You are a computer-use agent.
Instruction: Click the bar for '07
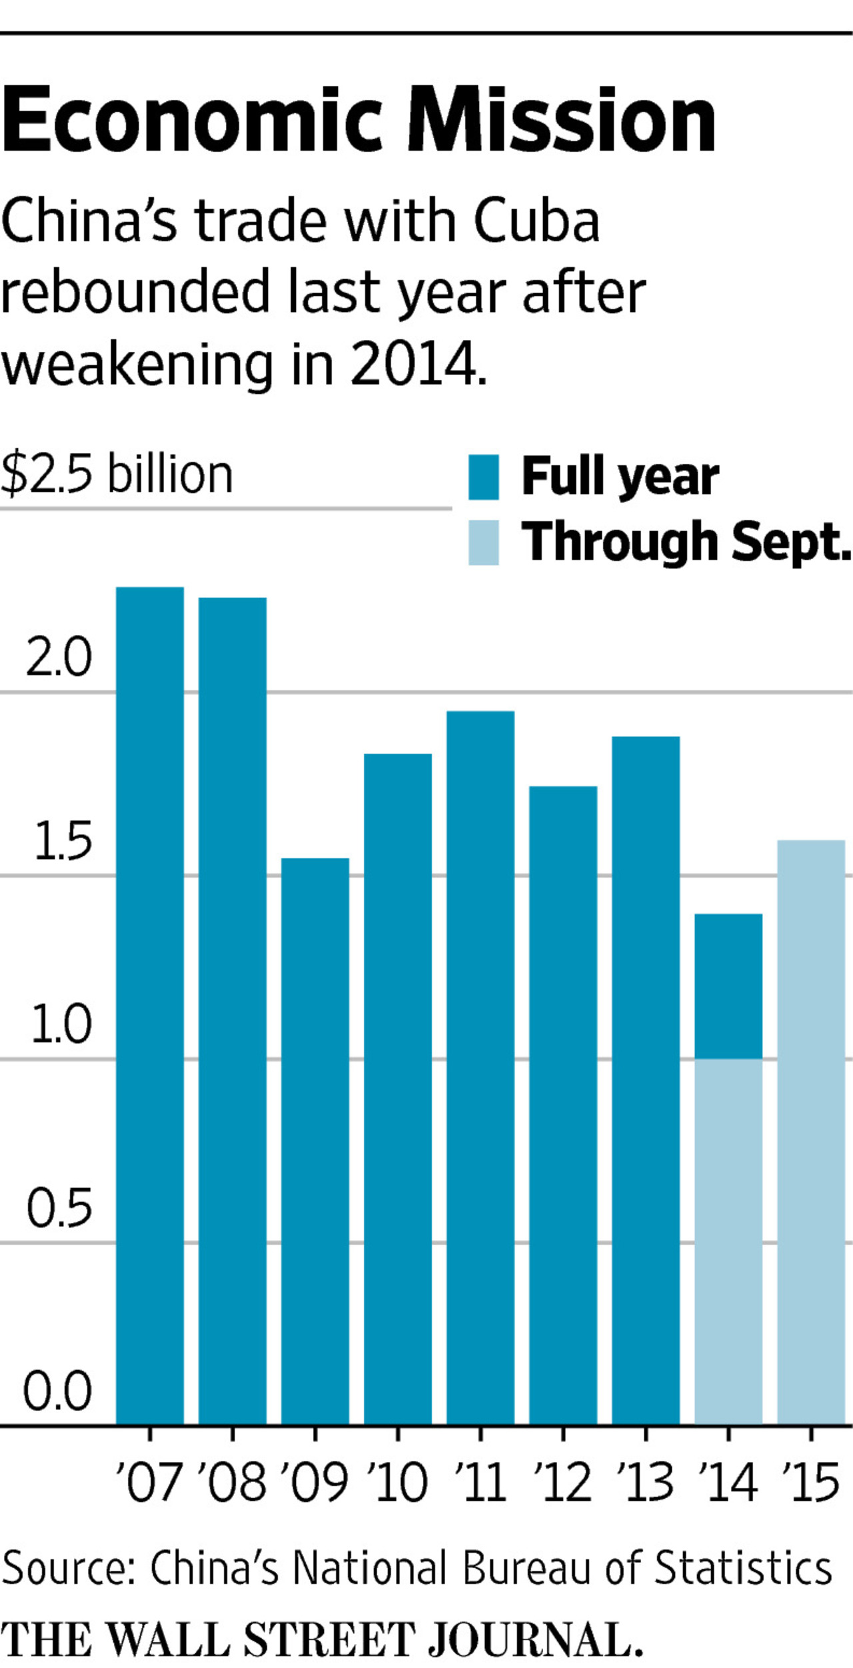pyautogui.click(x=150, y=1006)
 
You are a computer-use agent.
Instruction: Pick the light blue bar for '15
pyautogui.click(x=811, y=1133)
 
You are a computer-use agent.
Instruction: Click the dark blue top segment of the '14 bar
pyautogui.click(x=728, y=986)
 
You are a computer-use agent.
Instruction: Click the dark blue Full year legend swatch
pyautogui.click(x=483, y=477)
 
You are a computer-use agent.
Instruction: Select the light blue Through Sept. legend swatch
pyautogui.click(x=483, y=542)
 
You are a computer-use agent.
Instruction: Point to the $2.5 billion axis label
pyautogui.click(x=117, y=474)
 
